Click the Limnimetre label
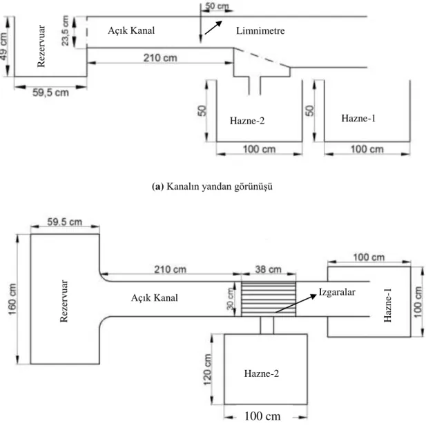(x=260, y=30)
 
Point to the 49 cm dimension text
(x=4, y=46)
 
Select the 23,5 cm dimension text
(x=66, y=30)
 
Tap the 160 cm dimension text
(x=12, y=299)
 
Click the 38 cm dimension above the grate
(x=268, y=269)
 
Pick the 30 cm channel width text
(x=231, y=299)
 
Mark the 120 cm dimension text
(x=207, y=369)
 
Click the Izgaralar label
(x=337, y=292)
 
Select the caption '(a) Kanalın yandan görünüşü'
(x=212, y=186)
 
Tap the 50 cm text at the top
(x=217, y=6)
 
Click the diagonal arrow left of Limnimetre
(x=213, y=28)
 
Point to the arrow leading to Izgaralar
(x=296, y=303)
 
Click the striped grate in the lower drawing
(x=269, y=299)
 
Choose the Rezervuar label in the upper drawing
(x=41, y=46)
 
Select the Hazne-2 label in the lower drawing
(x=262, y=373)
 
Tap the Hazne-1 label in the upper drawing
(x=358, y=118)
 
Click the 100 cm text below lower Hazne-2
(x=262, y=416)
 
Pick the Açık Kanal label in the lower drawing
(x=154, y=298)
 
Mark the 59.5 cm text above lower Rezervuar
(x=65, y=222)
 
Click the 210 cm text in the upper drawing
(x=160, y=58)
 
